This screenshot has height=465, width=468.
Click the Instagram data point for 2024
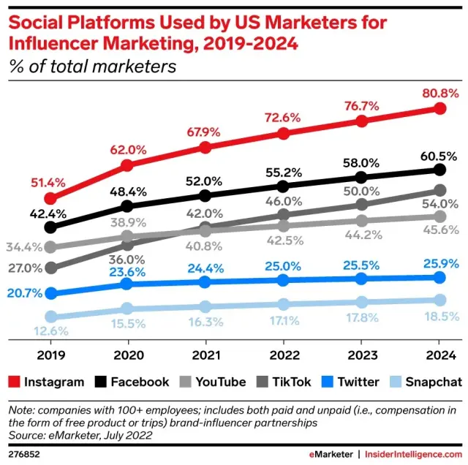(x=439, y=108)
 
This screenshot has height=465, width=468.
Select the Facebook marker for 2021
(x=205, y=195)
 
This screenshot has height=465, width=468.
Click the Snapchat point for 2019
(x=50, y=317)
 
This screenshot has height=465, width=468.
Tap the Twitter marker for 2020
(x=127, y=284)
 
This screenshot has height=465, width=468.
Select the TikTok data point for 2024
(x=439, y=191)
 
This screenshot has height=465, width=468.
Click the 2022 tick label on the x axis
(x=283, y=357)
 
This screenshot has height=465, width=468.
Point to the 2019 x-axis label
(x=50, y=357)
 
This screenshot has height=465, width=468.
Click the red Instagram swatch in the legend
(x=12, y=382)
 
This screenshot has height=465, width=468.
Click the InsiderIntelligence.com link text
(x=412, y=453)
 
